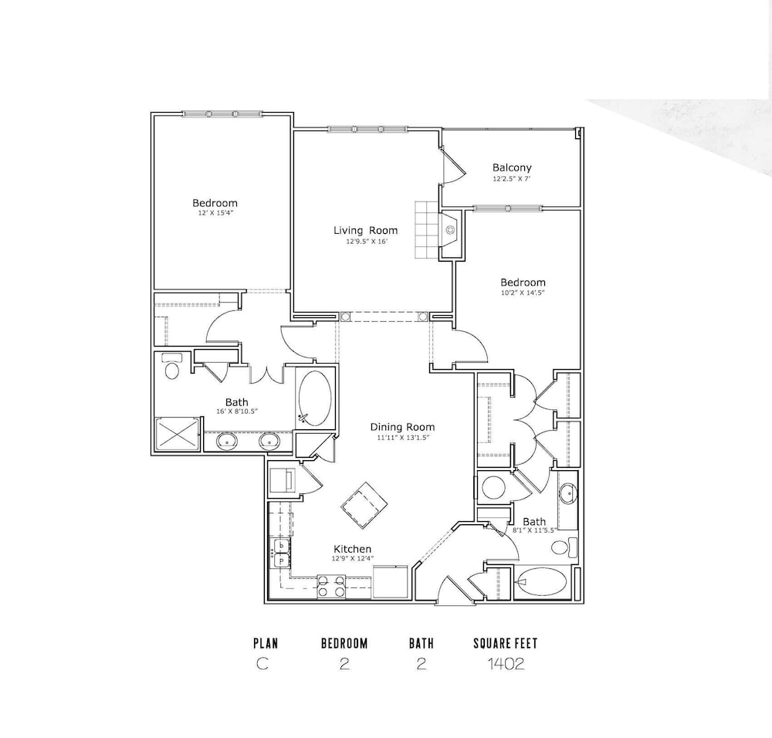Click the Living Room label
click(x=365, y=230)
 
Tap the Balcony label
click(x=512, y=168)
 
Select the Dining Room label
click(x=402, y=427)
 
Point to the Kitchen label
click(x=353, y=549)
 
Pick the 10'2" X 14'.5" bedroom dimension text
click(x=523, y=293)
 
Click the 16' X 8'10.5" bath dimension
click(x=237, y=411)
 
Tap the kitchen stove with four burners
click(x=331, y=587)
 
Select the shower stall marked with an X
click(x=178, y=434)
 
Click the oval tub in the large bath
click(x=315, y=399)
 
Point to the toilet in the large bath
click(x=172, y=367)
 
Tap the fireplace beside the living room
click(x=451, y=234)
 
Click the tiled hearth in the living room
click(x=426, y=229)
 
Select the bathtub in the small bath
click(x=542, y=583)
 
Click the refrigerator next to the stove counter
click(x=391, y=582)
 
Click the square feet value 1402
click(x=506, y=664)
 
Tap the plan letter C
click(x=262, y=664)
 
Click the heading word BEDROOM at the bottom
click(x=344, y=644)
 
